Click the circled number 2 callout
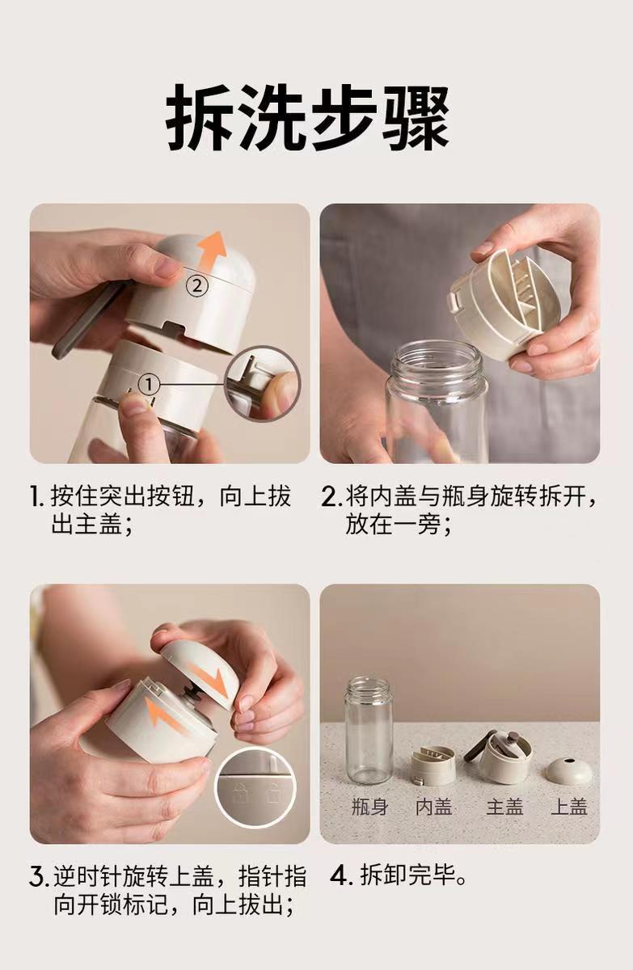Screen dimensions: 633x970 197,286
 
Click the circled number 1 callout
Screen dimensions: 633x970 149,384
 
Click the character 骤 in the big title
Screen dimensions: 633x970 416,117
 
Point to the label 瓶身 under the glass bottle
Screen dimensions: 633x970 369,808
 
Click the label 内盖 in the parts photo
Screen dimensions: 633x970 434,808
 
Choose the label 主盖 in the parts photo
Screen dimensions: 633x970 504,808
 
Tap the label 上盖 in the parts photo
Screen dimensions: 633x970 569,808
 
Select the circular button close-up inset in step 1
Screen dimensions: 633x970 264,384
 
